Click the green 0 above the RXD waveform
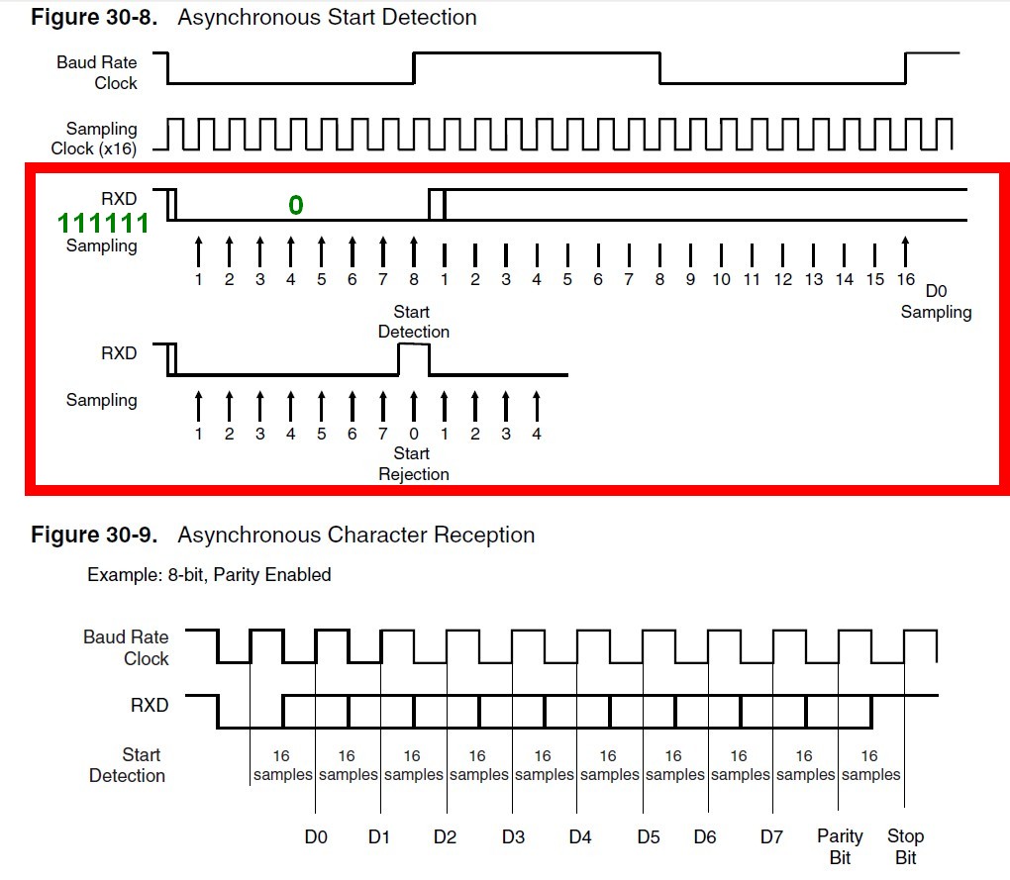295,205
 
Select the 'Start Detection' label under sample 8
413,322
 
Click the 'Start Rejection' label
413,463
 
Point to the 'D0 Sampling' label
936,302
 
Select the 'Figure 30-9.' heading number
94,535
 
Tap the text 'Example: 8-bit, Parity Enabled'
209,574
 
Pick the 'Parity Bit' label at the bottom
840,846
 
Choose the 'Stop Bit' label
905,846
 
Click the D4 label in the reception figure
580,837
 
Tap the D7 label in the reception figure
771,837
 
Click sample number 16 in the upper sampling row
906,279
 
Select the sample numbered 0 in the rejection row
413,434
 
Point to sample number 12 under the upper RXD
782,279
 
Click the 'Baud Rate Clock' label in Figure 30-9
126,647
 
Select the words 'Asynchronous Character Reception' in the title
355,535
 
